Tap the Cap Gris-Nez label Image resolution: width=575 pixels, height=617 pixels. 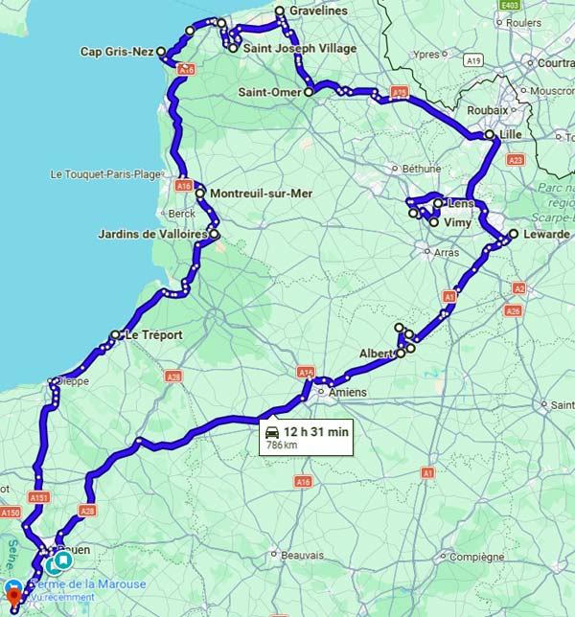[x=117, y=52]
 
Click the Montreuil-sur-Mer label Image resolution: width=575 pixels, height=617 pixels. [x=260, y=194]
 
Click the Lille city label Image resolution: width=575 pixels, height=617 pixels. [x=511, y=135]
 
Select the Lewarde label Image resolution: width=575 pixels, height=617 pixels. [x=546, y=234]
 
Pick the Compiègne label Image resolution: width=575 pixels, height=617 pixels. [x=478, y=557]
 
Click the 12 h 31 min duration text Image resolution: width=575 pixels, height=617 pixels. [x=316, y=432]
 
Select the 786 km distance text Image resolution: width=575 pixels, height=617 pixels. [x=285, y=446]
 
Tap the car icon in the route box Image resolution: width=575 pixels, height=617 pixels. [x=273, y=432]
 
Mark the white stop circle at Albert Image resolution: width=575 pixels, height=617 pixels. [x=401, y=354]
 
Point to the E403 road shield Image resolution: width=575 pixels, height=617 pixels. [x=510, y=5]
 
